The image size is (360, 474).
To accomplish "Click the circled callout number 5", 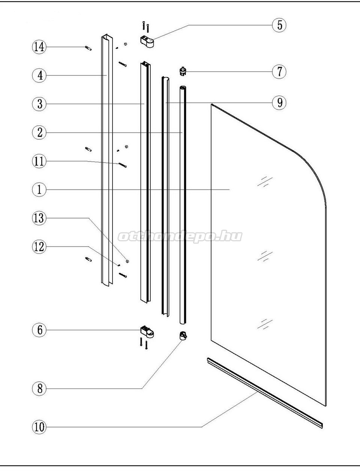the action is pos(279,25).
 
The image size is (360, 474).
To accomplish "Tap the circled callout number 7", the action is pos(279,72).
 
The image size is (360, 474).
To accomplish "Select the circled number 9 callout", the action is pos(279,102).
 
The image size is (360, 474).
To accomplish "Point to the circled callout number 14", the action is pos(39,47).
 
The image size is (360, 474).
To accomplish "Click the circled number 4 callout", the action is pos(39,75).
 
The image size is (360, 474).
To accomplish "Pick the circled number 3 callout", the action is pos(39,104).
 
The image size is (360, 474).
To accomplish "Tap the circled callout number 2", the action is pos(39,132).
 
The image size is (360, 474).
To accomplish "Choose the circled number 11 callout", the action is pos(39,161).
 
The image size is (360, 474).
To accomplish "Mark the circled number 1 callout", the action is pos(39,189).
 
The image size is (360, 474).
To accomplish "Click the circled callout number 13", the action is pos(39,218).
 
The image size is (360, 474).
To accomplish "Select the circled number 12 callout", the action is pos(39,247).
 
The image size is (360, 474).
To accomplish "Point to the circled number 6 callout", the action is pos(39,330).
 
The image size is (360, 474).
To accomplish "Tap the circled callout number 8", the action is pos(39,389).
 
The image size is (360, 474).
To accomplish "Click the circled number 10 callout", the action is pos(39,427).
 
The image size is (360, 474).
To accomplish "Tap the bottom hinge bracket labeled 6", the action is pos(147,332).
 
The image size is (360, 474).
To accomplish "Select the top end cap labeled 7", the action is pos(183,72).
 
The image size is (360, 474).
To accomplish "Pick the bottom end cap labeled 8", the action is pos(183,336).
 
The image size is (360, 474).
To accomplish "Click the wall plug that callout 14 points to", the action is pos(88,48).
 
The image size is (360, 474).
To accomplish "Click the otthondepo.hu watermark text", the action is pos(180,236).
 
